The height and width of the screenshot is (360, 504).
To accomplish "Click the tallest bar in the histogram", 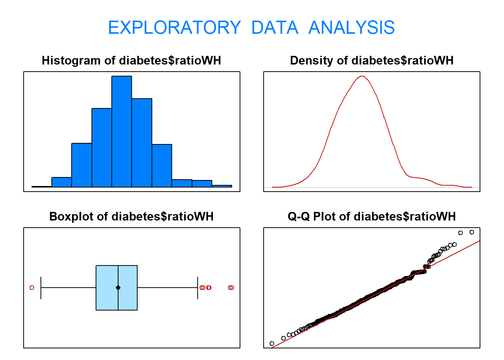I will (x=121, y=131).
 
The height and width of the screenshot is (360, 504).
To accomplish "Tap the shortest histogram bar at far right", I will (x=222, y=186).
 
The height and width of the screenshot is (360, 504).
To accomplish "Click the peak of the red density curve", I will (x=362, y=76).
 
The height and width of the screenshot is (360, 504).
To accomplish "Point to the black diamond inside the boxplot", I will (x=118, y=288).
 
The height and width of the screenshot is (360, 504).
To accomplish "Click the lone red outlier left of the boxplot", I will (x=32, y=288).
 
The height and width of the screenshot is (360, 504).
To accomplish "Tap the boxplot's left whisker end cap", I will (x=41, y=288).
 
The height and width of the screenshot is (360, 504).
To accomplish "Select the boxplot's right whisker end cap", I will (x=198, y=288).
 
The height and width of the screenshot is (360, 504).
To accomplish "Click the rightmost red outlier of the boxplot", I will (x=231, y=288).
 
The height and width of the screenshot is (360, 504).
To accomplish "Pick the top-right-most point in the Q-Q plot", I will (x=472, y=232).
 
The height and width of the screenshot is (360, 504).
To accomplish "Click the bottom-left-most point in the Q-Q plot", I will (x=272, y=343).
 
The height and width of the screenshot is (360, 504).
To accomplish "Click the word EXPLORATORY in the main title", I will (x=174, y=28).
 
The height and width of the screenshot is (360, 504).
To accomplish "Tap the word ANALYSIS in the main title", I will (x=351, y=28).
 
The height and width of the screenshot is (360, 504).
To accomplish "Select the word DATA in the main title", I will (x=274, y=28).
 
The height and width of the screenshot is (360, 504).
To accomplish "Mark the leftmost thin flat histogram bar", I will (x=42, y=186).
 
